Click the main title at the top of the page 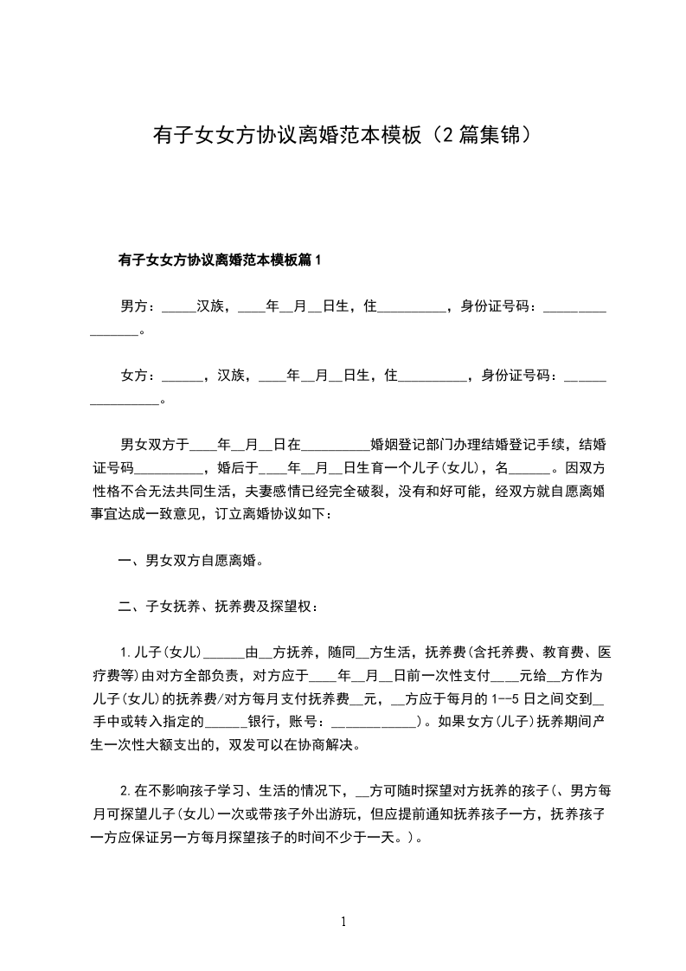pyautogui.click(x=342, y=135)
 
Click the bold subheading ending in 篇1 pyautogui.click(x=219, y=259)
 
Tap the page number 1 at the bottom pyautogui.click(x=343, y=922)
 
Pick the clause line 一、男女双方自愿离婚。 pyautogui.click(x=190, y=560)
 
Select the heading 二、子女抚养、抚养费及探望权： pyautogui.click(x=219, y=606)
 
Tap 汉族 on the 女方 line pyautogui.click(x=232, y=376)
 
